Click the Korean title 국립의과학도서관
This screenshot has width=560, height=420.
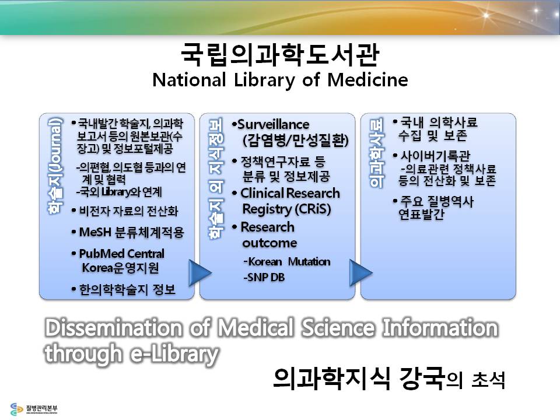pos(279,55)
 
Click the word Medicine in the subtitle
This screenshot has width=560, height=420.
pos(367,80)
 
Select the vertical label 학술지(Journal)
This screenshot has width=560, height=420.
pos(55,166)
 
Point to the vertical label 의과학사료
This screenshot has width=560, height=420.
pos(377,153)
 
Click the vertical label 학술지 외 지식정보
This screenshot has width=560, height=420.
pos(216,178)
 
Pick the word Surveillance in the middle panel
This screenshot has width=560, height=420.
pos(273,124)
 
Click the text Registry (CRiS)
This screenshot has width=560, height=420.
pos(286,209)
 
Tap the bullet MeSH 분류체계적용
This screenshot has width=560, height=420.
pos(128,233)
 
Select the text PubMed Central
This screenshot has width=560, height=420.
pos(121,254)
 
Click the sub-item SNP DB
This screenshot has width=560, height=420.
pos(264,277)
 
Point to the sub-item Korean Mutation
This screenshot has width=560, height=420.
pos(287,261)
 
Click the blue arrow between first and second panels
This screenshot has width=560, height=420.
pos(199,273)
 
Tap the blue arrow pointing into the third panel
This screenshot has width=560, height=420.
pos(360,273)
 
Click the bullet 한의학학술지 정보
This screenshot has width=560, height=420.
pos(124,289)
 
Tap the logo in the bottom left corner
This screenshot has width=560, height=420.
pos(34,408)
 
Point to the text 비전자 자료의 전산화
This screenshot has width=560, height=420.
pos(125,211)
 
